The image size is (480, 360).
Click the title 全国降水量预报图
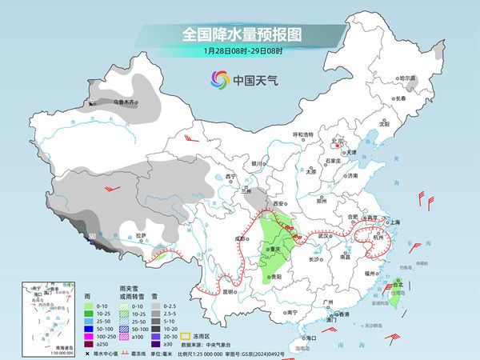click(239, 35)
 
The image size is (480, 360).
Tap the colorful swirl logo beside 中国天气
click(219, 79)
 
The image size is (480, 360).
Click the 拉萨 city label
click(141, 235)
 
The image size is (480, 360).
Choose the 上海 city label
click(395, 222)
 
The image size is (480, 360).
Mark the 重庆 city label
click(279, 249)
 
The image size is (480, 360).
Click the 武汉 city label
click(324, 236)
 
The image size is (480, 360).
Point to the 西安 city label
click(279, 205)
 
